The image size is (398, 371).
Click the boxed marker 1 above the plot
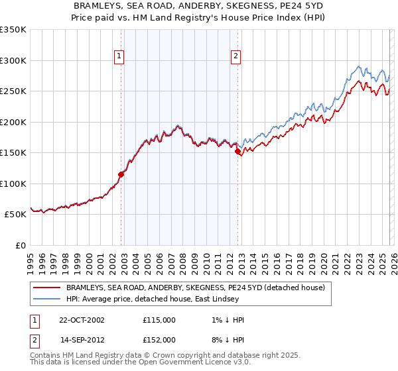119,56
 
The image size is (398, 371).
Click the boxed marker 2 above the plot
235,56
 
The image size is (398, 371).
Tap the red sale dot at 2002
121,175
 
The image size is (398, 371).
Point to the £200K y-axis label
13,122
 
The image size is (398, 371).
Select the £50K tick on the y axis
16,215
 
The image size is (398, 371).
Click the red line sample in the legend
47,288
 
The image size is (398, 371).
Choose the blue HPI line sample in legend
47,299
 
